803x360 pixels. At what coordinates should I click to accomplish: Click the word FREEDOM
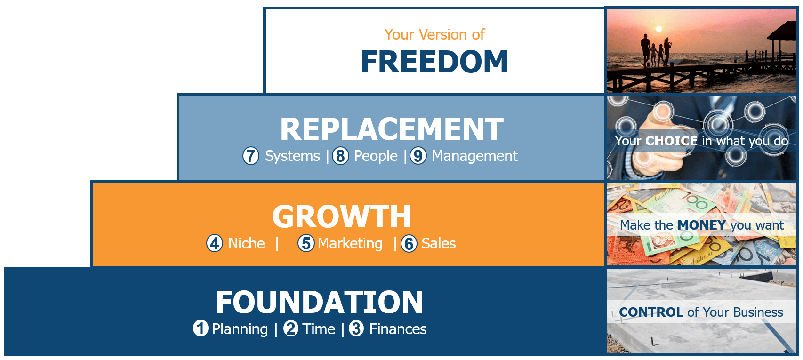[x=434, y=62]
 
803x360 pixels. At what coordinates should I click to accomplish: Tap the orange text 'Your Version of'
[x=434, y=34]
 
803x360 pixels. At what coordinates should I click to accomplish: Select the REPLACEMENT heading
[x=392, y=129]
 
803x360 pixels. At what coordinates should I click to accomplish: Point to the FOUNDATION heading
[x=319, y=302]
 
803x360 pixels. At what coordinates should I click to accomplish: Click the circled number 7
[x=250, y=156]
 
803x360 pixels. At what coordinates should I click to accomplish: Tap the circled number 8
[x=340, y=156]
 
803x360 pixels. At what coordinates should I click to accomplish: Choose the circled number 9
[x=418, y=156]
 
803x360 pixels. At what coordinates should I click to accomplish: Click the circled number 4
[x=214, y=243]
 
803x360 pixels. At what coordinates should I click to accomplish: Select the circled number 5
[x=306, y=243]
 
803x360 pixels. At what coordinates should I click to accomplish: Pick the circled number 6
[x=409, y=243]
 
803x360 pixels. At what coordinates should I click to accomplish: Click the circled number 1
[x=201, y=328]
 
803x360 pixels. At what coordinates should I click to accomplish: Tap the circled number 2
[x=291, y=328]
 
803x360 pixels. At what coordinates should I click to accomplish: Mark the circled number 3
[x=356, y=328]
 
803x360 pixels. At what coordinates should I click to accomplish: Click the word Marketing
[x=350, y=244]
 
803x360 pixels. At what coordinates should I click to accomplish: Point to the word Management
[x=474, y=156]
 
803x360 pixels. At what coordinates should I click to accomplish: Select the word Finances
[x=398, y=329]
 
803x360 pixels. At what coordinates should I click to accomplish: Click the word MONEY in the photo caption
[x=701, y=225]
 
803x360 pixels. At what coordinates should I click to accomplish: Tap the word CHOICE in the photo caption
[x=671, y=141]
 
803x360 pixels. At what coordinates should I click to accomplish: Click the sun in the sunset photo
[x=658, y=29]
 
